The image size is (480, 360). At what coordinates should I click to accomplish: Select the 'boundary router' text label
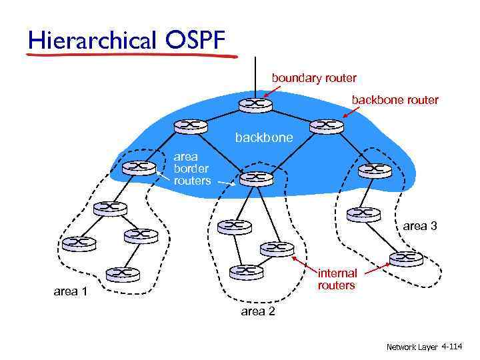pos(313,78)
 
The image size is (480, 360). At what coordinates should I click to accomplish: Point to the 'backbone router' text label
pos(395,100)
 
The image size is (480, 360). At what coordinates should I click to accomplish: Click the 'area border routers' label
pos(192,168)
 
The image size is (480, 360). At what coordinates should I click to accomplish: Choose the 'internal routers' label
pos(337,279)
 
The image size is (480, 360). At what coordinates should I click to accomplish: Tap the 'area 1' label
pos(70,291)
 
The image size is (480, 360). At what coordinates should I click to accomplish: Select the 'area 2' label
pos(257,312)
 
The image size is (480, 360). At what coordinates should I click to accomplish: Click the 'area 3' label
pos(420,226)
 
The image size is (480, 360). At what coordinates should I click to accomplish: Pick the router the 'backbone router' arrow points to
pos(326,125)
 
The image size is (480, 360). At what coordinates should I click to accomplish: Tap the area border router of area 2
pos(255,178)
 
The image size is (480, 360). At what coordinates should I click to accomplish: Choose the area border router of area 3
pos(375,170)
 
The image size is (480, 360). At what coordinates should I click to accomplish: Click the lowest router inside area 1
pos(122,273)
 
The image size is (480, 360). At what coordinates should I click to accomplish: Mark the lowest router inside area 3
pos(407,257)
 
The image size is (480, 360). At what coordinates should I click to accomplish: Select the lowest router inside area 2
pos(245,271)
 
